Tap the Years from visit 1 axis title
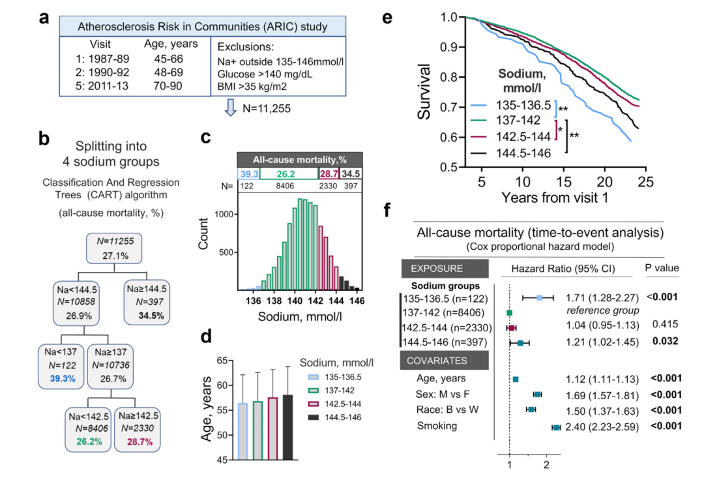coord(554,196)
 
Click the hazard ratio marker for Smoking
coord(556,427)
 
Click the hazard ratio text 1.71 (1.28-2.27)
coord(602,298)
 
